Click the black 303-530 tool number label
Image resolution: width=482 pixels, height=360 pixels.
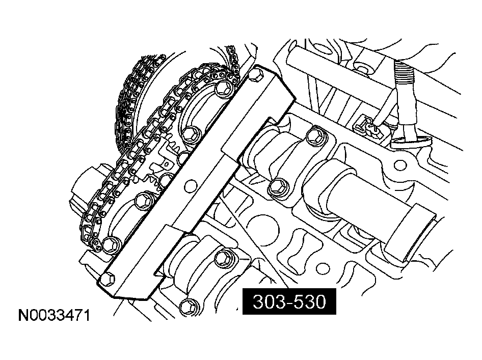[x=289, y=301]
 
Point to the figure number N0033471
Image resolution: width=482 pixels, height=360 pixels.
[x=55, y=315]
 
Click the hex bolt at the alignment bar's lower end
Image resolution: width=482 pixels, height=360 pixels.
[x=108, y=279]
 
